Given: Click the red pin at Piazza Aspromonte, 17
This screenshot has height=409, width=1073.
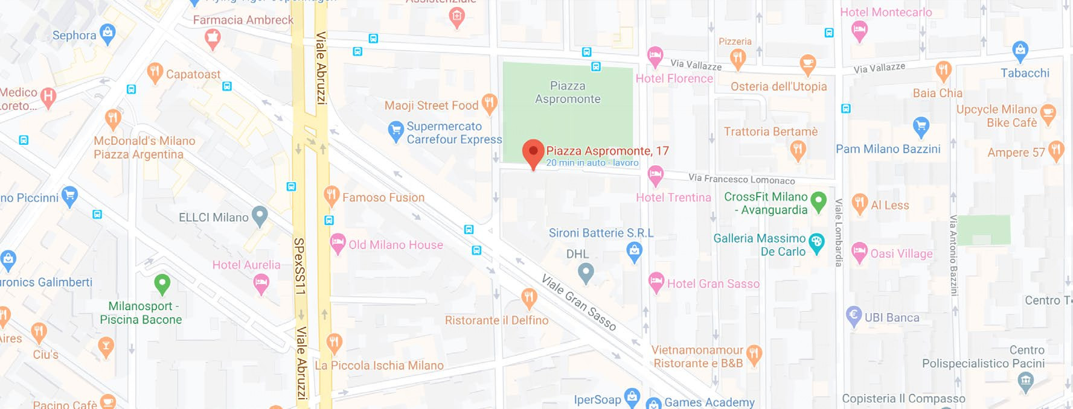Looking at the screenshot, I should [x=533, y=151].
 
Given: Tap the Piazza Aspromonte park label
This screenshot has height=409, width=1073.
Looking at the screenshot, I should [x=568, y=92].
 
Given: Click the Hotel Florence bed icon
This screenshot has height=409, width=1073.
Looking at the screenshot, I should [x=655, y=56].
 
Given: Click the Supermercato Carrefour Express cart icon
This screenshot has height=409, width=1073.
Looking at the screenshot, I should [x=396, y=130].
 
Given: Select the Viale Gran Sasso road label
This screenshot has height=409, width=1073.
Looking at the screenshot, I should [x=578, y=302].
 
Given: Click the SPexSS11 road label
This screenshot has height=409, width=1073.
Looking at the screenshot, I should [x=299, y=266].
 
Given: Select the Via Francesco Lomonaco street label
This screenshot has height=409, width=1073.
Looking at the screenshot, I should [x=741, y=179].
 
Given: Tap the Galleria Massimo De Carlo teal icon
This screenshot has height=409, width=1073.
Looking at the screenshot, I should [x=816, y=243].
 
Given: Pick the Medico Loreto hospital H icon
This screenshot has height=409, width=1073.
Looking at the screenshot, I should [x=48, y=96].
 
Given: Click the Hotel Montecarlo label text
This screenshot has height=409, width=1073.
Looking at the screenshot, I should [x=885, y=12].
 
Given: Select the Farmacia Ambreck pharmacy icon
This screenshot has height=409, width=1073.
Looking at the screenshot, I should [x=212, y=39].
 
